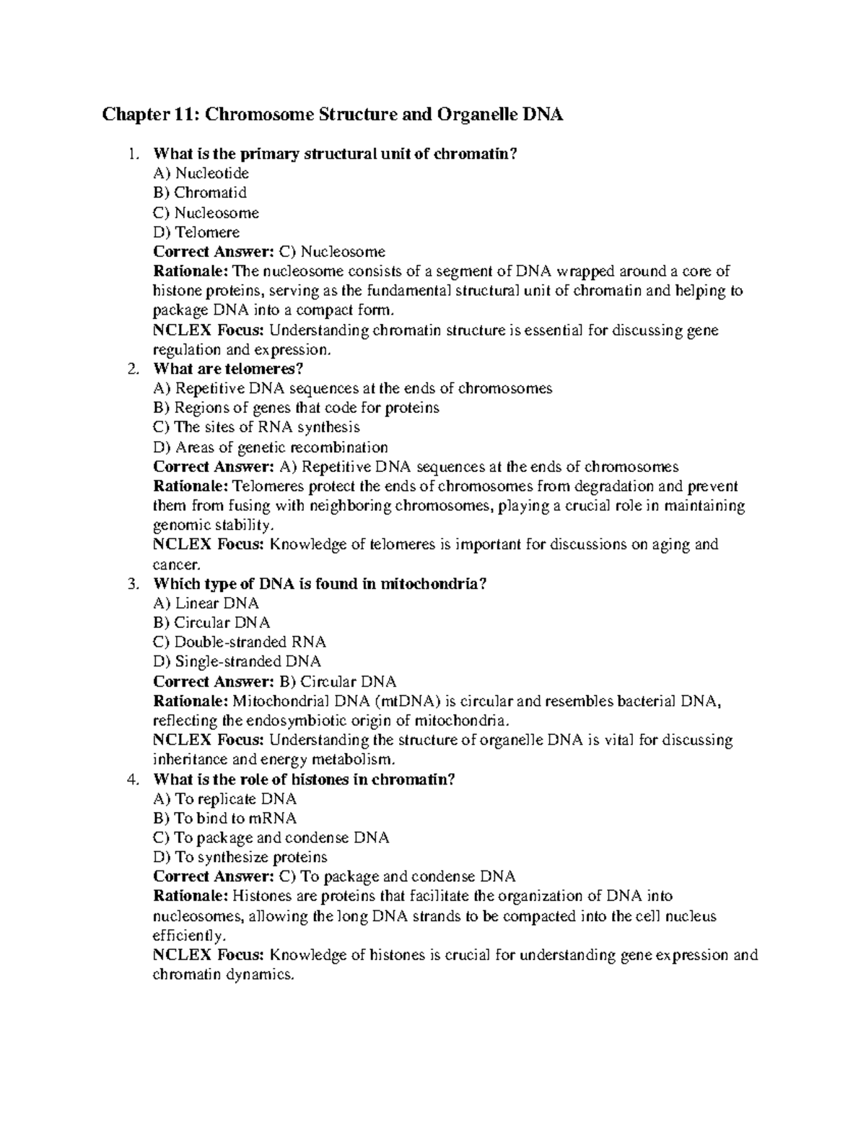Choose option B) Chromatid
[x=200, y=193]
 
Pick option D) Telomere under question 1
[x=196, y=232]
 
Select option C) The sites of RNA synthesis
[x=256, y=427]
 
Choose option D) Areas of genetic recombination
[x=271, y=448]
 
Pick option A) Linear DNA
[x=206, y=603]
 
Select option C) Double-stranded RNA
[x=240, y=642]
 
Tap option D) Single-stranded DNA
[x=237, y=662]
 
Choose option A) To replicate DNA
[x=225, y=799]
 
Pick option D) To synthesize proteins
[x=240, y=858]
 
